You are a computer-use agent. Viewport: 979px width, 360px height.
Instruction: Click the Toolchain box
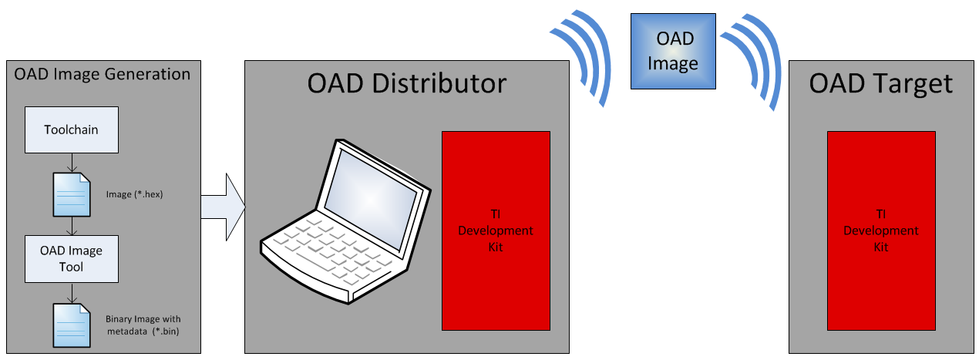[71, 130]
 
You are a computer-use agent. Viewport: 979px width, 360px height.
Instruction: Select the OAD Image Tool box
[71, 259]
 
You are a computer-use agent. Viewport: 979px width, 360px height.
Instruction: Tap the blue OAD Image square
[673, 51]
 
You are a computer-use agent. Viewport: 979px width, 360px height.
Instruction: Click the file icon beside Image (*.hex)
[72, 194]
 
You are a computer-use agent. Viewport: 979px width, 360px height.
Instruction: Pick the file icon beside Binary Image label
[72, 325]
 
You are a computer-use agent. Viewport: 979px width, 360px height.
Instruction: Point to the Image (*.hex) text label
[133, 195]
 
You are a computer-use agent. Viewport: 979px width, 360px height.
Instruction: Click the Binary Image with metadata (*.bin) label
[143, 325]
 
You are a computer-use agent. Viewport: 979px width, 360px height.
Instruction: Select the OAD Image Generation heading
[102, 75]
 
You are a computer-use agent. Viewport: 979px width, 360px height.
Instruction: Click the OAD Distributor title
[406, 82]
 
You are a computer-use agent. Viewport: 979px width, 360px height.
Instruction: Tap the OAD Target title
[880, 82]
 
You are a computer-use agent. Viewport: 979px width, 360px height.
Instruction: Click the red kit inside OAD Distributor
[496, 230]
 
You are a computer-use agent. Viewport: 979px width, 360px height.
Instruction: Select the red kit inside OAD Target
[880, 230]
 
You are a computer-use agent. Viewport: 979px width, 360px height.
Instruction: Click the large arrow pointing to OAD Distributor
[224, 207]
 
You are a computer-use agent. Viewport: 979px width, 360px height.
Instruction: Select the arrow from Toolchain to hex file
[71, 163]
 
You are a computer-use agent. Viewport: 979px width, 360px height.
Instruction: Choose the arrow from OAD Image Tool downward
[71, 293]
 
